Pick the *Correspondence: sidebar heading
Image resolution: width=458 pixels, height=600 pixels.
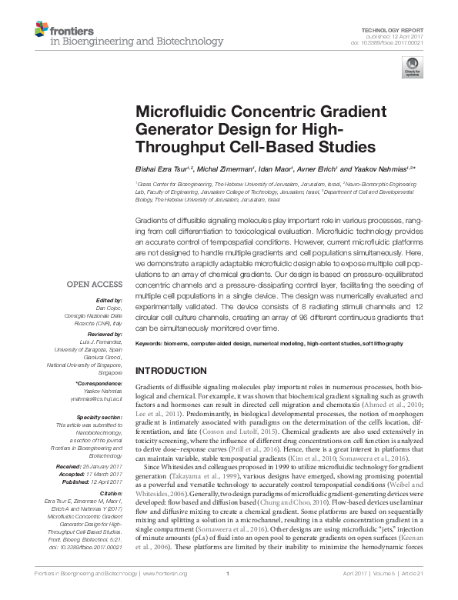pyautogui.click(x=99, y=383)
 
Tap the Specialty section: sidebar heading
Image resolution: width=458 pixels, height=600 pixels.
pyautogui.click(x=101, y=415)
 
